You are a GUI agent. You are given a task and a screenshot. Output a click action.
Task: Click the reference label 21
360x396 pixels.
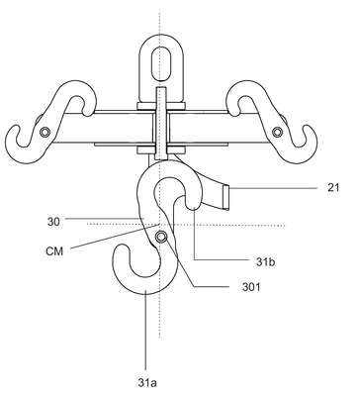coord(333,188)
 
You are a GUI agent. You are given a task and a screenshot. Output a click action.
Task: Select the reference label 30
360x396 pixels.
coord(53,222)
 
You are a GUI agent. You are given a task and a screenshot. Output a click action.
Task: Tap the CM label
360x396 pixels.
coord(54,251)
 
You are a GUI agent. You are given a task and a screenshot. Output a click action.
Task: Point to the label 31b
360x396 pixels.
coord(266,261)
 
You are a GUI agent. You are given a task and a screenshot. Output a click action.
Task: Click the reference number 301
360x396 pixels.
coord(251,287)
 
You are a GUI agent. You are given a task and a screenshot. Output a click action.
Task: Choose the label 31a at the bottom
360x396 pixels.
coord(147,383)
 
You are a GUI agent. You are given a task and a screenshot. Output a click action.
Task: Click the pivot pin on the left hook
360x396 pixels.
coord(45,133)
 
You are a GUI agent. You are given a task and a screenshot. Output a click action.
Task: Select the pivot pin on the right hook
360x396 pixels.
coord(277,133)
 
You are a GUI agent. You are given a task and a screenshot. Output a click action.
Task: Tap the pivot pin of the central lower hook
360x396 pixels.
coord(161,237)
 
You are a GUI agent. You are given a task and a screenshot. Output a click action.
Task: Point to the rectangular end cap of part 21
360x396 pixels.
coord(226,197)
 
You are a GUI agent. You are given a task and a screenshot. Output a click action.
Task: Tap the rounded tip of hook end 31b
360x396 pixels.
coord(193,207)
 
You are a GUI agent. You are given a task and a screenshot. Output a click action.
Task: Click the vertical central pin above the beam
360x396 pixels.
coord(160,99)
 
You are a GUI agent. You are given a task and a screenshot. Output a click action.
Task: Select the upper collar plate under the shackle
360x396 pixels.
coord(160,106)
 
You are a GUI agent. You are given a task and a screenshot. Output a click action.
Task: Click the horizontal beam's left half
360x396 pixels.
coord(102,128)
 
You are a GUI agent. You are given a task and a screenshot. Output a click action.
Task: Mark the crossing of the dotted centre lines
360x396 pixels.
coord(160,225)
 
